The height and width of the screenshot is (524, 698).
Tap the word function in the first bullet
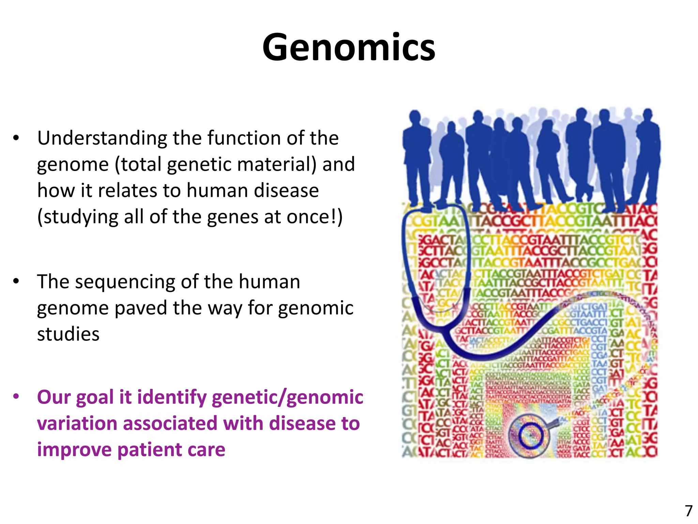[x=244, y=138]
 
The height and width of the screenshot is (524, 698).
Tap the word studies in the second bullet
[x=68, y=334]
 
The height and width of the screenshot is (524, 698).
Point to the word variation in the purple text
[x=77, y=424]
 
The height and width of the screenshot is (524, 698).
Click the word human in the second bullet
[x=269, y=282]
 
